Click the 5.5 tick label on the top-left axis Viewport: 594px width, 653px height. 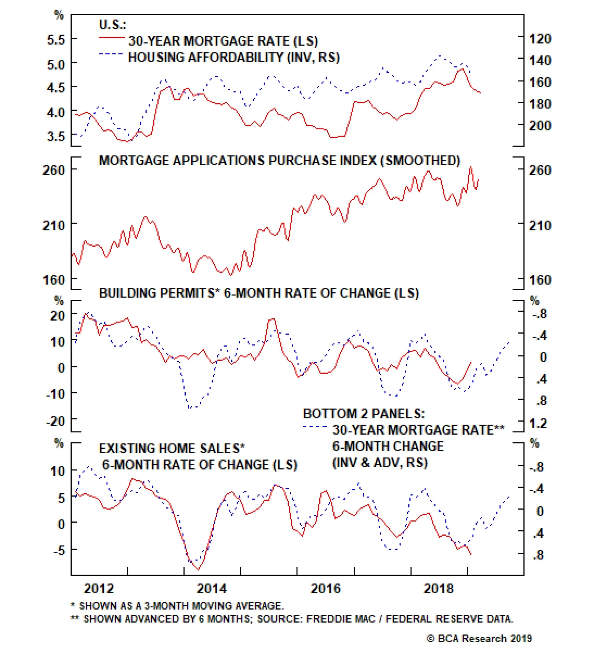[x=56, y=39]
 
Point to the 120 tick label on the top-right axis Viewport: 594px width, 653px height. [x=540, y=39]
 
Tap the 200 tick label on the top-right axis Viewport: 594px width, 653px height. [x=540, y=126]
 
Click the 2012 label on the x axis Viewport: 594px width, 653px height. [x=98, y=589]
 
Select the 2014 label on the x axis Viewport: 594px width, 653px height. [x=211, y=589]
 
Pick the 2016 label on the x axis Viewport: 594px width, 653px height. [x=325, y=589]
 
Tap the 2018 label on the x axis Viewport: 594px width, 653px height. [x=438, y=589]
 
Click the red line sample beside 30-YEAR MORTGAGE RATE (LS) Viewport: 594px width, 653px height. [x=111, y=38]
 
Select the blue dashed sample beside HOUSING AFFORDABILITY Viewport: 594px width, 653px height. [x=111, y=54]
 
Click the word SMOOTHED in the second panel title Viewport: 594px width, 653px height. [x=420, y=160]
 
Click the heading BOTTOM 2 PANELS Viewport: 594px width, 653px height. [x=364, y=413]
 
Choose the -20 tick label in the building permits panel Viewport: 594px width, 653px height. [x=56, y=421]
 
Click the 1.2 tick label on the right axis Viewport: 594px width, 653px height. [x=538, y=423]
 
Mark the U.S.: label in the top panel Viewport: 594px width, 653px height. [x=112, y=25]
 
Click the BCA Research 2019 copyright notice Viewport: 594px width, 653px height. [x=479, y=639]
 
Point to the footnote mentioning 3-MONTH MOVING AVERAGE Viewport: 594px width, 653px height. [x=177, y=606]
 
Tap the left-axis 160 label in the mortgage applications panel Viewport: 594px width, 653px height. [x=54, y=280]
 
